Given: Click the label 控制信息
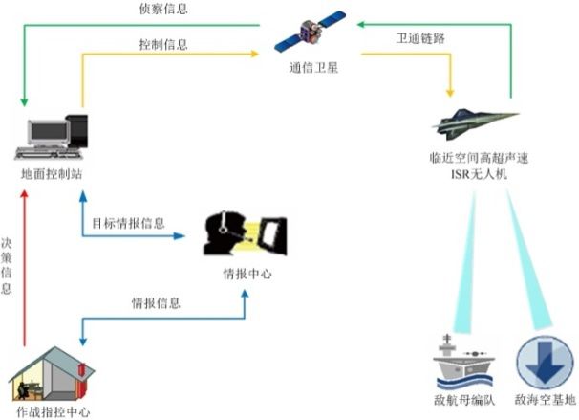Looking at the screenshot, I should tap(163, 44).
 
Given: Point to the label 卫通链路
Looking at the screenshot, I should tap(420, 40).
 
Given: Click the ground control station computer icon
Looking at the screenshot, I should tap(56, 138).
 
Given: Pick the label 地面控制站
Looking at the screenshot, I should tap(53, 175).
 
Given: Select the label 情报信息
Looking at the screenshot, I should tap(157, 303).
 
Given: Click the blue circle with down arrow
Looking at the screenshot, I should tap(542, 362).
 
